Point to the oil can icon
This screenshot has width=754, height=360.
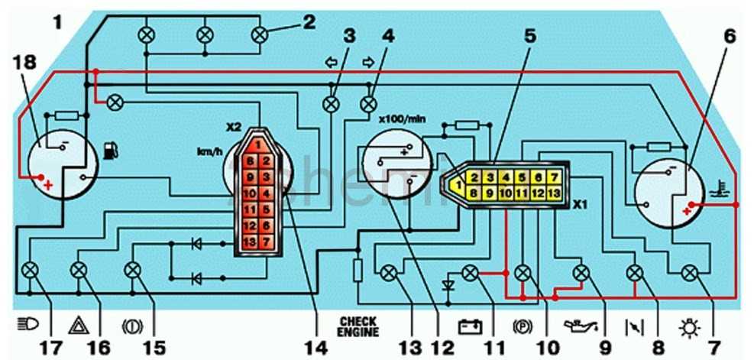[x=581, y=326]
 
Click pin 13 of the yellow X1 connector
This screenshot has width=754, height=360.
[x=555, y=193]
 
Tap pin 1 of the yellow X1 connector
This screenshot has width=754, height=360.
[x=458, y=185]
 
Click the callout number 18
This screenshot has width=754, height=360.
[x=24, y=62]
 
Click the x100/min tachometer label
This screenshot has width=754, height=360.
[x=400, y=118]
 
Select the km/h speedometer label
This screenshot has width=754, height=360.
[x=209, y=151]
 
